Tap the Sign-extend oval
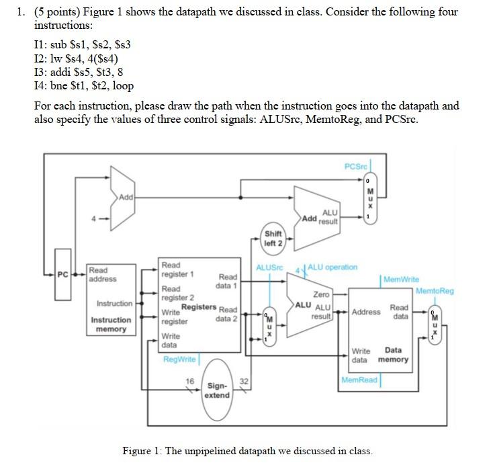(x=217, y=390)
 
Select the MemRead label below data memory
(x=359, y=380)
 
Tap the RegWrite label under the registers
(x=179, y=360)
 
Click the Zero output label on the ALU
(x=322, y=294)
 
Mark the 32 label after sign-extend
(x=244, y=381)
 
